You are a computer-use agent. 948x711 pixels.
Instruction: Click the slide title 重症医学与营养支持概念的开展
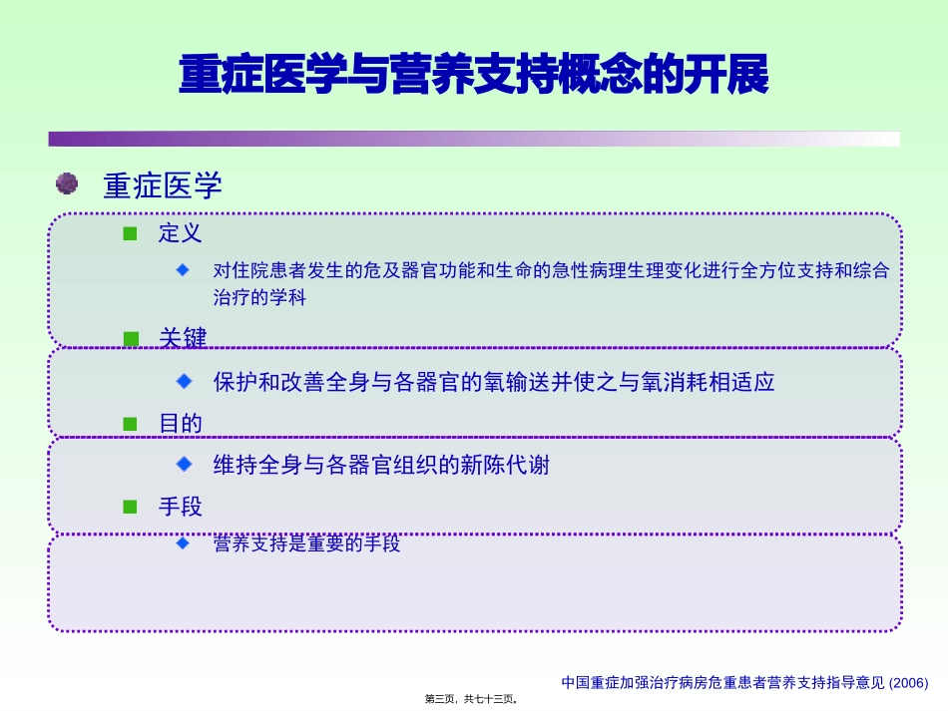474,76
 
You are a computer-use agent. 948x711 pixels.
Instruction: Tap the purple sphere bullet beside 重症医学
67,183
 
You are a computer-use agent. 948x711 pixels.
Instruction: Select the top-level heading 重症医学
163,185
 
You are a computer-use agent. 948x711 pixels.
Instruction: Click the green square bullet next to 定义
130,234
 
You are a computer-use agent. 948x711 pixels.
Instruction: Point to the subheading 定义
181,234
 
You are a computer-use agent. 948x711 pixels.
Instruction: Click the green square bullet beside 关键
130,339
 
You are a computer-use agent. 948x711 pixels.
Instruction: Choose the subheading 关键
183,339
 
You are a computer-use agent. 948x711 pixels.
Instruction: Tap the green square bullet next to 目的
130,424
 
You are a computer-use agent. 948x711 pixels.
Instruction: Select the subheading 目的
181,424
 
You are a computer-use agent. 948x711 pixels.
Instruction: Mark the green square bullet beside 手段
130,507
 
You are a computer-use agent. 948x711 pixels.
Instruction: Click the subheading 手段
181,507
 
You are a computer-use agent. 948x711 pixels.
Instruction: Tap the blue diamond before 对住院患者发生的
184,269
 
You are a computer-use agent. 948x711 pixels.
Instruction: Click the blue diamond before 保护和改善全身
184,381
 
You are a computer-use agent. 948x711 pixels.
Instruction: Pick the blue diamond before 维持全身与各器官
184,464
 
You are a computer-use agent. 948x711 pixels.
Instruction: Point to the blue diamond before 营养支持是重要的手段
184,543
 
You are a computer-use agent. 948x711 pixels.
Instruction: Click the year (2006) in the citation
909,683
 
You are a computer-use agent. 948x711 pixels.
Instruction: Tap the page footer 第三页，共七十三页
471,699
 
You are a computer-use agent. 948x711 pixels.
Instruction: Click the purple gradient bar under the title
474,139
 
